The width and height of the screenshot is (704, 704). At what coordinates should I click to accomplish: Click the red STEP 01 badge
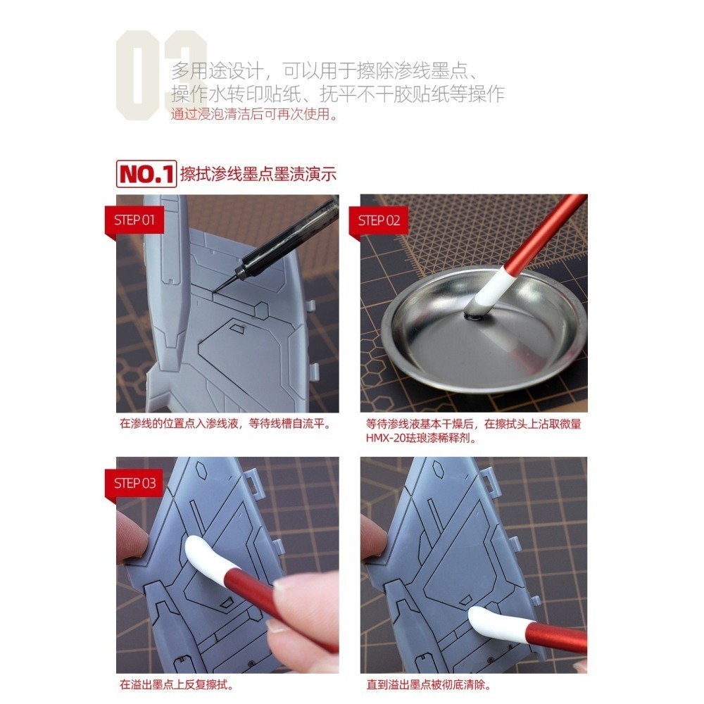coord(134,220)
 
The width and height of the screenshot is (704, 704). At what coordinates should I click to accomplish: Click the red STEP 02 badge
coord(379,220)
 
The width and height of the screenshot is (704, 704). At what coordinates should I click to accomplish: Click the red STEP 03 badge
coord(134,484)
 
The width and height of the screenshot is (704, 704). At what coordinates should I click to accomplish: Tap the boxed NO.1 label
coord(145,174)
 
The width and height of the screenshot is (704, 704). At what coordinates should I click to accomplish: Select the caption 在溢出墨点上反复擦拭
coord(177,684)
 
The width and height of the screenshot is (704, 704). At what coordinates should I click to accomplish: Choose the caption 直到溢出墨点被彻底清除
coord(429,684)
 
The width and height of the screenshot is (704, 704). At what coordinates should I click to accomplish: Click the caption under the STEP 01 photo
coord(225,425)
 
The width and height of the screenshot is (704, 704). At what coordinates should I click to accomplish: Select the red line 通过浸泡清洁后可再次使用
coord(254,114)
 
